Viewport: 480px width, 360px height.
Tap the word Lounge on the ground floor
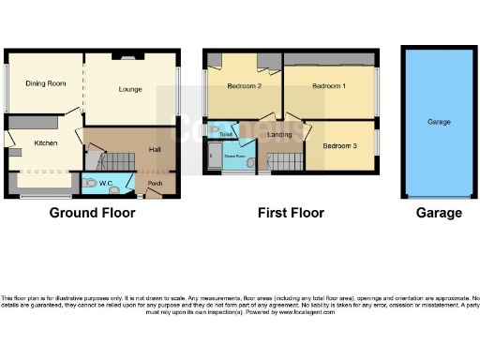pyautogui.click(x=130, y=90)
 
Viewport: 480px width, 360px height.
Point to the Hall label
pyautogui.click(x=157, y=151)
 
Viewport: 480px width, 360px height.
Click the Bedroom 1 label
pyautogui.click(x=329, y=86)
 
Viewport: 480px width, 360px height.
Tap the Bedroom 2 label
pyautogui.click(x=244, y=86)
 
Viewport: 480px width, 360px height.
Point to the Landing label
pyautogui.click(x=279, y=136)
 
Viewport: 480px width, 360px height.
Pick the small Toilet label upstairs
pyautogui.click(x=225, y=135)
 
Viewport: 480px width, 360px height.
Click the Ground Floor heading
pyautogui.click(x=92, y=213)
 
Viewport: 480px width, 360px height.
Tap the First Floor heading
pyautogui.click(x=291, y=213)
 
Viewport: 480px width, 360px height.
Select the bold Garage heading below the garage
pyautogui.click(x=439, y=213)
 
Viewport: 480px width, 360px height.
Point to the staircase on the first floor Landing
pyautogui.click(x=281, y=162)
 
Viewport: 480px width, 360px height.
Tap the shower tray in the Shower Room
pyautogui.click(x=217, y=159)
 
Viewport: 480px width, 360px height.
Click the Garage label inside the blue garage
pyautogui.click(x=439, y=122)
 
